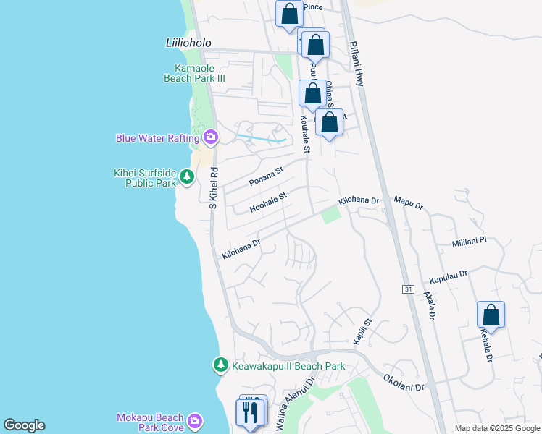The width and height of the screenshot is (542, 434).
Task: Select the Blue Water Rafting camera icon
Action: point(211,137)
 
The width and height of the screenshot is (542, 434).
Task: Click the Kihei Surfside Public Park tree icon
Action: point(187,177)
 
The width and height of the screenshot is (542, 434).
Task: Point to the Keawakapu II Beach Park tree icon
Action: point(220,366)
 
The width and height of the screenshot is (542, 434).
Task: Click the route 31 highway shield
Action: point(409,289)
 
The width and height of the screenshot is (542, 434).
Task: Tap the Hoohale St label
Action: point(268,202)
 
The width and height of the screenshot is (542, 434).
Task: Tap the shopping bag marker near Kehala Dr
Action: point(491,315)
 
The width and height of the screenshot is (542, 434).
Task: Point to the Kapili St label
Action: point(362,331)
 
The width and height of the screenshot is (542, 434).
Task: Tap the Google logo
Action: point(24,425)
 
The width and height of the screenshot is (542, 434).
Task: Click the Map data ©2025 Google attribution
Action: point(496,428)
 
